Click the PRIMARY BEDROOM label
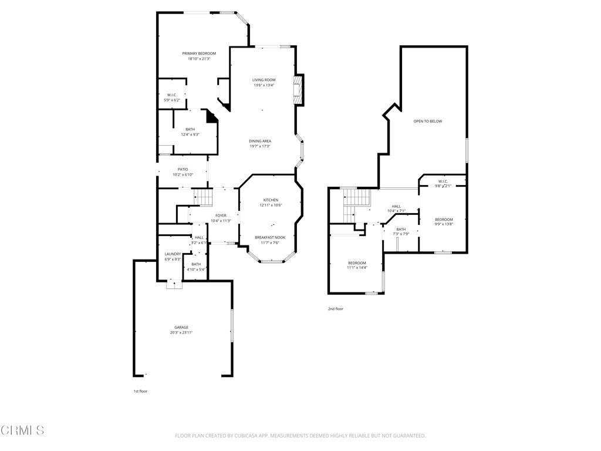pos(198,53)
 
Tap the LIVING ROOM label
pos(264,80)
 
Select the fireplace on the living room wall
pos(299,90)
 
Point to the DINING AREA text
pos(260,141)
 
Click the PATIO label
pos(183,169)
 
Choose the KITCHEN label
pos(271,200)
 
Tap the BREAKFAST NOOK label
pos(269,238)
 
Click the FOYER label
pos(221,216)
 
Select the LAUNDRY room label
pos(173,254)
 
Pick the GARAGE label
pos(181,327)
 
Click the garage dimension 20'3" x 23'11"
pos(181,332)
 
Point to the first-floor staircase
pos(202,197)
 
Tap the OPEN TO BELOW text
pos(427,121)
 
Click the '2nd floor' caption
pos(335,309)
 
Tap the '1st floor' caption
pos(140,391)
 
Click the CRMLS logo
pos(22,430)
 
